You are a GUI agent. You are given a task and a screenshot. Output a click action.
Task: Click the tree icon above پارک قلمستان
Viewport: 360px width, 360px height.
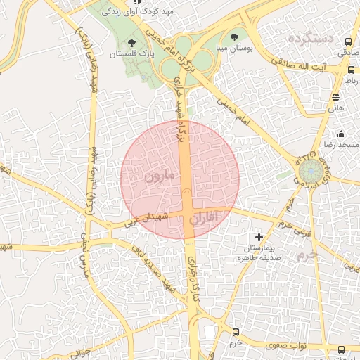coord(131,43)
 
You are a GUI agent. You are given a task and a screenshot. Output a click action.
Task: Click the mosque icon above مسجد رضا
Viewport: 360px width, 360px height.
coord(342,134)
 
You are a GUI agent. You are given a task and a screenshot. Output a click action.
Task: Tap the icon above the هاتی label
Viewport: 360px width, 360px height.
coord(336,97)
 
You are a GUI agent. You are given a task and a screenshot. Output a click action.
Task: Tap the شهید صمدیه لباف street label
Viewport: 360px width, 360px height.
coord(156,271)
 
